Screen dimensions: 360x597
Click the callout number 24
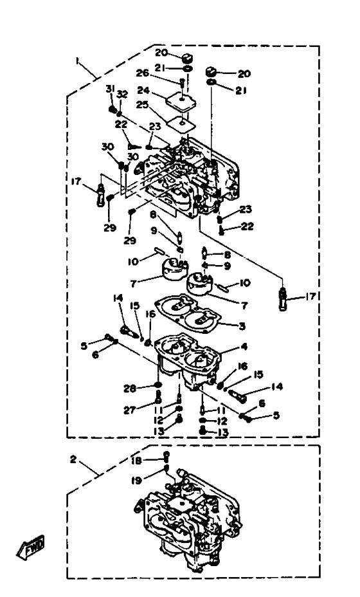pos(143,91)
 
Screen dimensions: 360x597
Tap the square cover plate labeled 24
pos(181,100)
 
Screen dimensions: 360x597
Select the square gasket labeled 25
pos(182,123)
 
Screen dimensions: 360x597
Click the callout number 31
pos(109,89)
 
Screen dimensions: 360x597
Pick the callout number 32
pos(122,95)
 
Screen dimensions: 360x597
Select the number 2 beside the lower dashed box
pos(73,459)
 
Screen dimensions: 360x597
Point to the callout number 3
pos(242,326)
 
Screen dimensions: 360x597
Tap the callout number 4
pos(244,347)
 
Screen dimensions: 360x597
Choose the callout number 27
pos(130,410)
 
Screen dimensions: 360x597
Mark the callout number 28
pos(130,389)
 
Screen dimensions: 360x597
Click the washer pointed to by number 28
pos(159,383)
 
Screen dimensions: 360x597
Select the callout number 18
pos(136,461)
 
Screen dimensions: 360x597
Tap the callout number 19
pos(136,481)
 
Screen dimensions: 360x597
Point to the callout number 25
pos(142,105)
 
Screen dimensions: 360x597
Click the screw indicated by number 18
pos(166,455)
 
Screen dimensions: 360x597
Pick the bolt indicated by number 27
pos(159,396)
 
